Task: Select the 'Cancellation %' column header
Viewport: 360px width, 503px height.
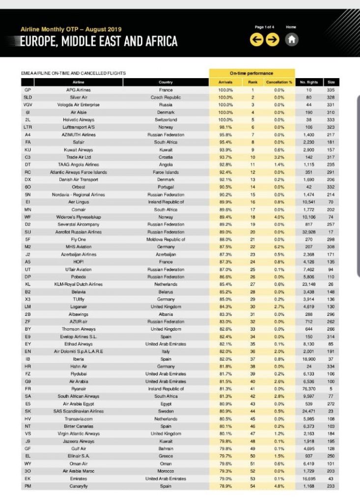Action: point(279,82)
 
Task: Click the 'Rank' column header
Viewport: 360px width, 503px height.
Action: point(252,82)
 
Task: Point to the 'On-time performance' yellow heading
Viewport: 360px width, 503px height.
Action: point(251,73)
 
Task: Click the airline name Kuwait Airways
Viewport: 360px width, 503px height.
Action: point(78,150)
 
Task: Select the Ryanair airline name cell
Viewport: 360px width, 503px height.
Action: point(78,389)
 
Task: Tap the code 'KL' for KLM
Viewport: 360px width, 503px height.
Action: point(28,284)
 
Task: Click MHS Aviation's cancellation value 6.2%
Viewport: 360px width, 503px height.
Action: point(279,247)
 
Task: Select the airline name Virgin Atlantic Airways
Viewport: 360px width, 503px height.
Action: point(78,434)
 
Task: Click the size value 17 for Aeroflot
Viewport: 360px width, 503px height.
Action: point(331,232)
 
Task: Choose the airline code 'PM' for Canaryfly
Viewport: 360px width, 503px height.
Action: point(28,486)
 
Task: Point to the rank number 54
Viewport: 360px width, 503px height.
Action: point(252,486)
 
